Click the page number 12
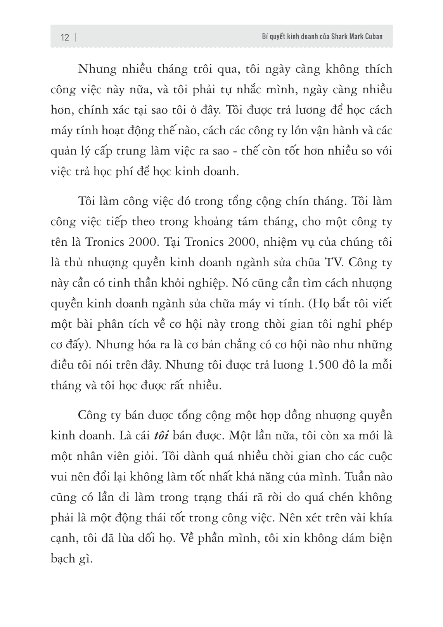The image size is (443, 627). point(65,37)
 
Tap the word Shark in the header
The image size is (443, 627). point(339,36)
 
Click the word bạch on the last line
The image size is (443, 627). point(62,559)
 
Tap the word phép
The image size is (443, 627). point(379,324)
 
